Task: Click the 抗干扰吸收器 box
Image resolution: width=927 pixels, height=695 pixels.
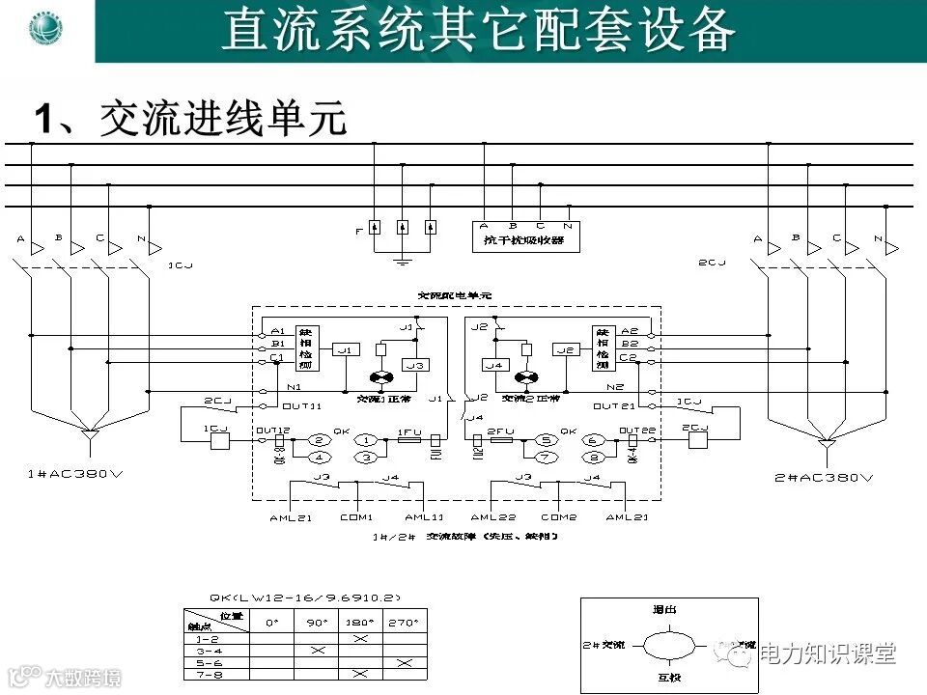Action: tap(526, 240)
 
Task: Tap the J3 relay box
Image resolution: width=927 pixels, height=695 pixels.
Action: tap(415, 365)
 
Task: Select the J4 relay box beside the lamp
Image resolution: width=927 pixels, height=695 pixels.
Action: tap(494, 365)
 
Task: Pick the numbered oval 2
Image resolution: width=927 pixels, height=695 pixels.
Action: tap(320, 440)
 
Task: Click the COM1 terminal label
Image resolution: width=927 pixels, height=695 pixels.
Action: tap(355, 517)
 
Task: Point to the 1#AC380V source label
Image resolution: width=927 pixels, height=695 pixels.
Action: tap(88, 475)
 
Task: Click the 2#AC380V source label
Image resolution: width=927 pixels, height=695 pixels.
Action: tap(825, 477)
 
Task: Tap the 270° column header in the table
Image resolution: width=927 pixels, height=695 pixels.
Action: tap(405, 624)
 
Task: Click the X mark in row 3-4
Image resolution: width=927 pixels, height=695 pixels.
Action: tap(318, 651)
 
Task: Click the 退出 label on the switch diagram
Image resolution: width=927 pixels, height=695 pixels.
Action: tap(665, 610)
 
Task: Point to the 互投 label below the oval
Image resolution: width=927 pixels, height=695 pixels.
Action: tap(668, 678)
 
